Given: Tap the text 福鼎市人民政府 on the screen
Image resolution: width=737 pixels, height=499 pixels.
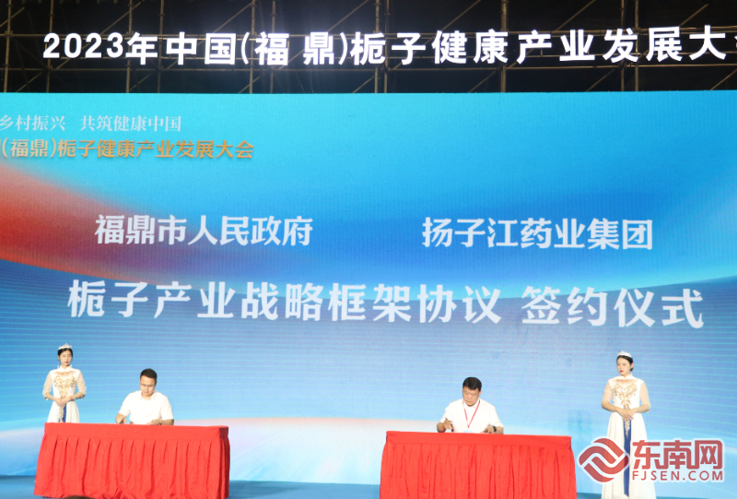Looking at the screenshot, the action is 204,231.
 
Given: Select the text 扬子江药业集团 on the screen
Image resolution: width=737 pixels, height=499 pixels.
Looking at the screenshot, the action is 537,233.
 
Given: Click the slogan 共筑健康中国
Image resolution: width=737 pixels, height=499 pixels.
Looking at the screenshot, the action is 131,124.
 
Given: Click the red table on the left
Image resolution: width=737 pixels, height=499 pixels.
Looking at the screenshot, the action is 132,459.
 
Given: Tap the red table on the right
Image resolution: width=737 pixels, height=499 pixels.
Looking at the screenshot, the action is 478,464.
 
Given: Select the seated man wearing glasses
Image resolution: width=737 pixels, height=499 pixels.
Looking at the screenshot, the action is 146,398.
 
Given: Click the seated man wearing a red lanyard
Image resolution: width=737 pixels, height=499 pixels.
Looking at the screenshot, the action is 471,406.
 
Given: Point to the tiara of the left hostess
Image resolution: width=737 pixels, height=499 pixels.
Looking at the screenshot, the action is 64,348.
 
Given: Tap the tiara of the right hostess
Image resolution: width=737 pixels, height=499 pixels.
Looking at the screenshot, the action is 625,354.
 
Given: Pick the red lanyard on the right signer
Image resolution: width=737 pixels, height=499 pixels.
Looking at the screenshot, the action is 472,413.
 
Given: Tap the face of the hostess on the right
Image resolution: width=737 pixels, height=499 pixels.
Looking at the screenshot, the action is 625,365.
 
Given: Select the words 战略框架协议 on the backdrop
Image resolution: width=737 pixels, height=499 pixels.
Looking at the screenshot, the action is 371,303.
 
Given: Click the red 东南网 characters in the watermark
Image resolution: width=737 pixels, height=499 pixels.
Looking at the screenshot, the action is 677,455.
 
